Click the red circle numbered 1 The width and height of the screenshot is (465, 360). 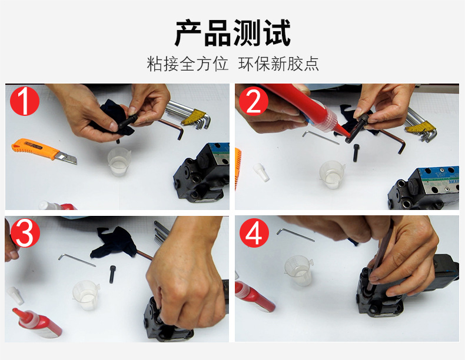tap(25, 101)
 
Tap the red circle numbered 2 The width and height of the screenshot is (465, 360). tap(254, 101)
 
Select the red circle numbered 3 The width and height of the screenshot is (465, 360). tap(25, 232)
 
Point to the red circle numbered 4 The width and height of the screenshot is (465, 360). tap(254, 232)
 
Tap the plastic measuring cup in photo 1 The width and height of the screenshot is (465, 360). tap(119, 162)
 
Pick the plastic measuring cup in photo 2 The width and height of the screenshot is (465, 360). tap(333, 174)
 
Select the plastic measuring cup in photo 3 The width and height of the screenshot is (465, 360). tap(86, 295)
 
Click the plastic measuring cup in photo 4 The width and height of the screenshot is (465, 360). tap(298, 270)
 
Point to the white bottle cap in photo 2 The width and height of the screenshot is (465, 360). tap(261, 172)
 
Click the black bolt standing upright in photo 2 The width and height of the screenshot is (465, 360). tap(356, 152)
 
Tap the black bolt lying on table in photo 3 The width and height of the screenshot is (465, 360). tap(112, 274)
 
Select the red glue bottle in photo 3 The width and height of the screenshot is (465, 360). tap(36, 323)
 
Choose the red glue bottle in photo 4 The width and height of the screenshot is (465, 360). tap(255, 296)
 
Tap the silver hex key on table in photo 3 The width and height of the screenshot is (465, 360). tap(77, 260)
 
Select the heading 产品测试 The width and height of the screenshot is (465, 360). tap(232, 32)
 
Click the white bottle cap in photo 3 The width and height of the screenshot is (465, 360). tap(15, 295)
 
